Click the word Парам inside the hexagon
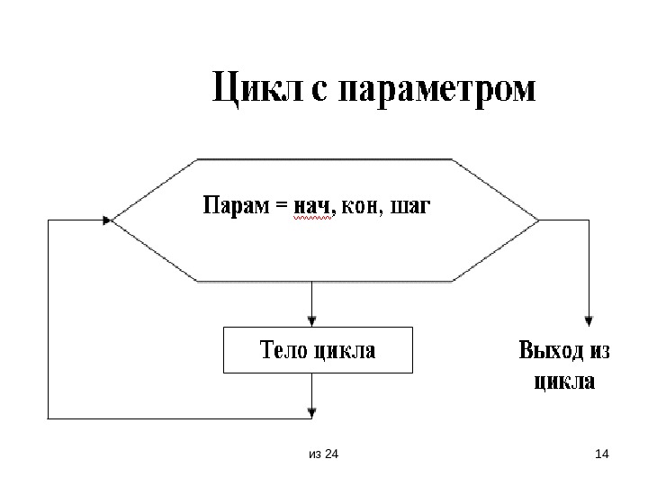tap(234, 207)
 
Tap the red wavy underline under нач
tap(311, 218)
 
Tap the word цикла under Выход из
tap(564, 381)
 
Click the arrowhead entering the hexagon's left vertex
tap(108, 220)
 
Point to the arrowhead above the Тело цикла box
tap(312, 319)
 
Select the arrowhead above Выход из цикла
tap(589, 319)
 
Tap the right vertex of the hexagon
tap(538, 220)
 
